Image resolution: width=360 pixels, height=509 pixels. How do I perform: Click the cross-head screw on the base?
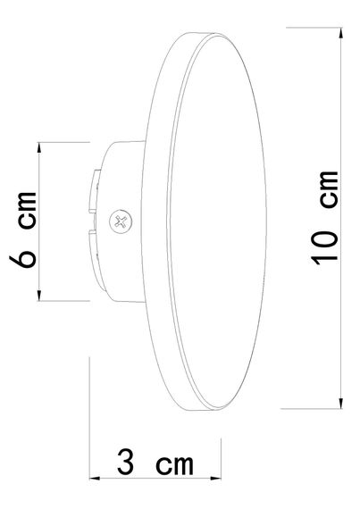pos(118,220)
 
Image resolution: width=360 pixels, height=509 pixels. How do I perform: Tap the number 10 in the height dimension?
pos(325,247)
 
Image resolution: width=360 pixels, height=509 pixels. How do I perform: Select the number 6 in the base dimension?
pos(25,255)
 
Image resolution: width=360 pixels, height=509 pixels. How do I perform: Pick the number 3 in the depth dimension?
pos(127,463)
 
